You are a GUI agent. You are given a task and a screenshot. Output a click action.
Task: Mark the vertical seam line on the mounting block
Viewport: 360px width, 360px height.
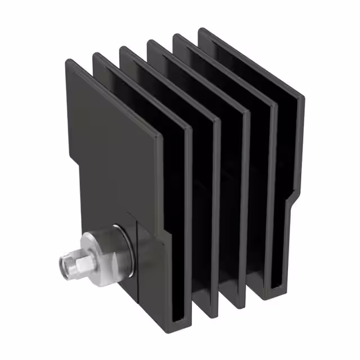pos(137,259)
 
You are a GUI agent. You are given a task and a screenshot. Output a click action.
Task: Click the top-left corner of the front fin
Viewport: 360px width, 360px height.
pos(68,61)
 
